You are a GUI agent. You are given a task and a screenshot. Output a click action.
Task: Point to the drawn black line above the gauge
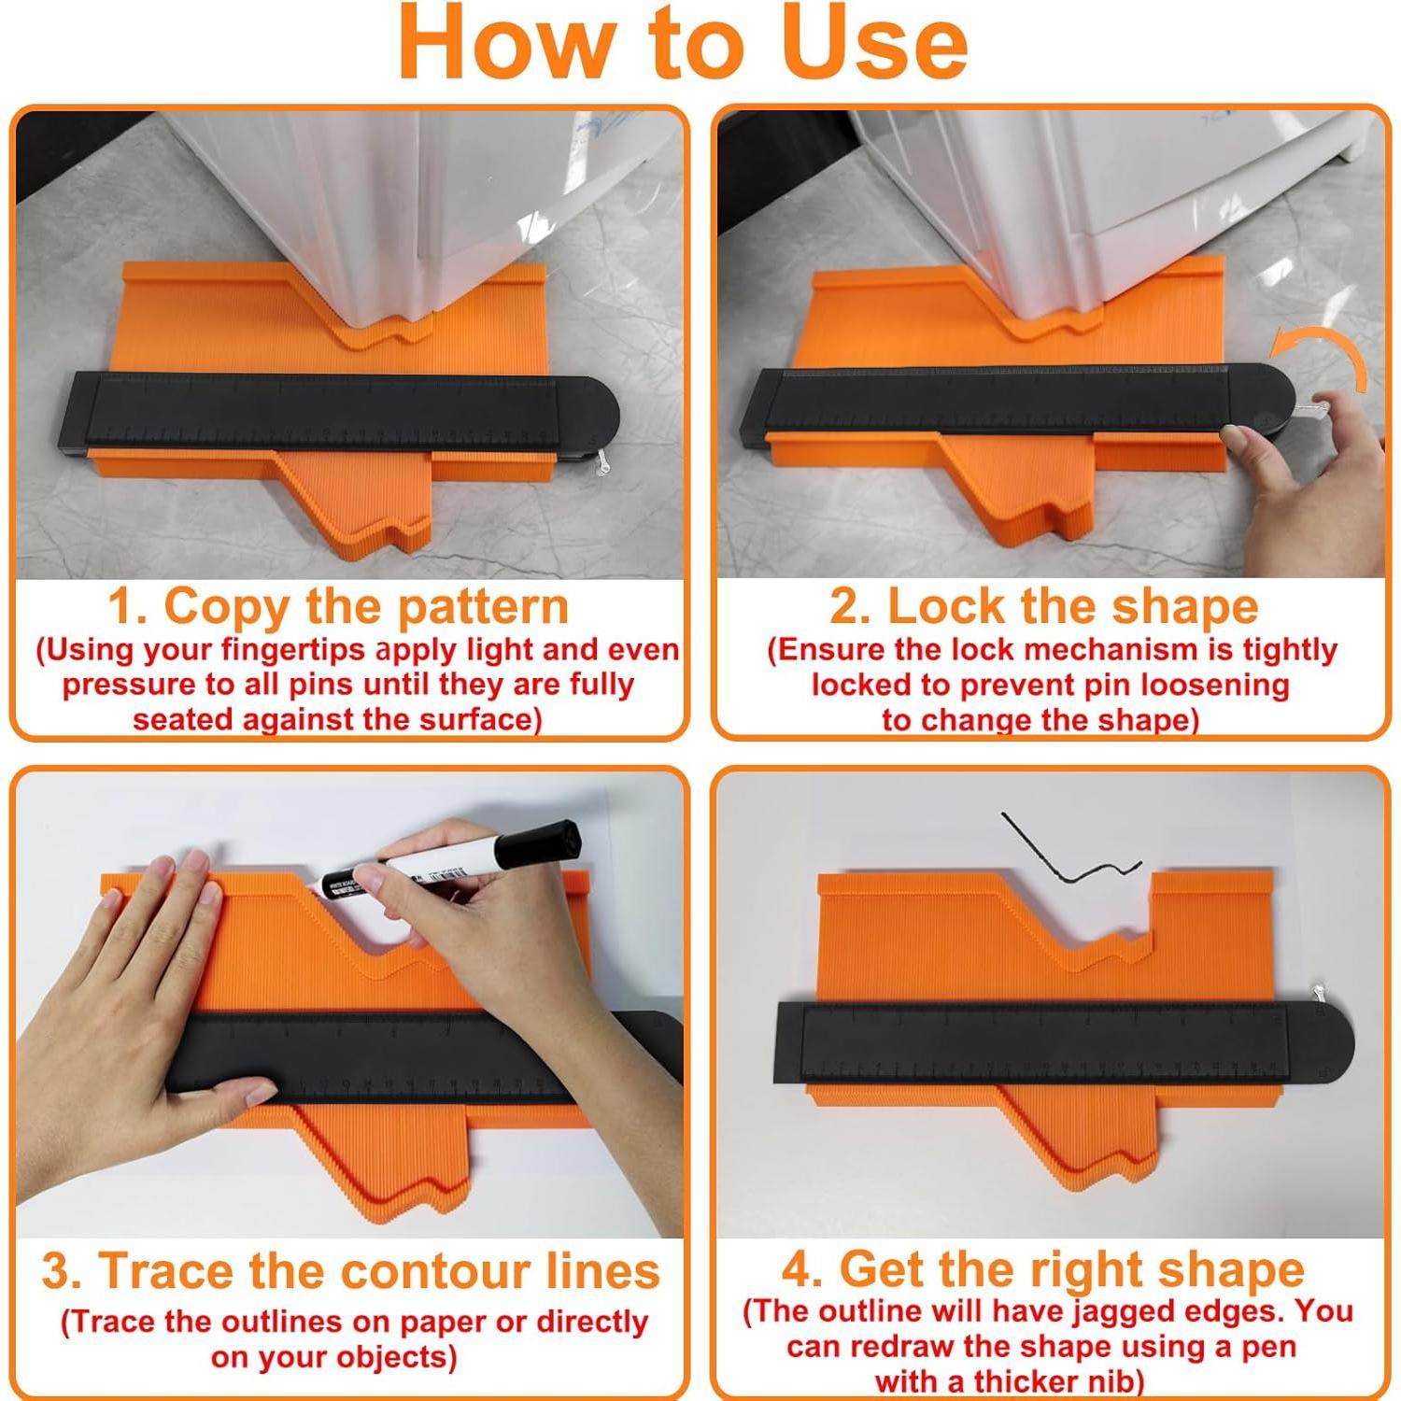[1065, 855]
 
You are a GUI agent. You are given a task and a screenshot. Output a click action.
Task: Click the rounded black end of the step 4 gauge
[1326, 1041]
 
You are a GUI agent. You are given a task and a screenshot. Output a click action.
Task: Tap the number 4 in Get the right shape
[800, 1270]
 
